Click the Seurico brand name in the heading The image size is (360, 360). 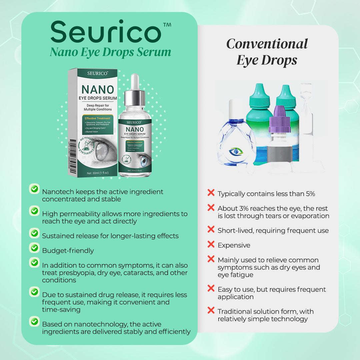click(x=106, y=32)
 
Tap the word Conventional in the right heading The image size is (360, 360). click(x=267, y=44)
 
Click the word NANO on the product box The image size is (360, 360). click(x=97, y=89)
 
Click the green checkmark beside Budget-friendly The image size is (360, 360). click(x=34, y=248)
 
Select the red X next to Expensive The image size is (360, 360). click(x=211, y=244)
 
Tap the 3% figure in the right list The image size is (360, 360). click(x=243, y=208)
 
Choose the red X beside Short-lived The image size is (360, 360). click(x=211, y=229)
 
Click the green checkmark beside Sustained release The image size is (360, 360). click(x=34, y=233)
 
